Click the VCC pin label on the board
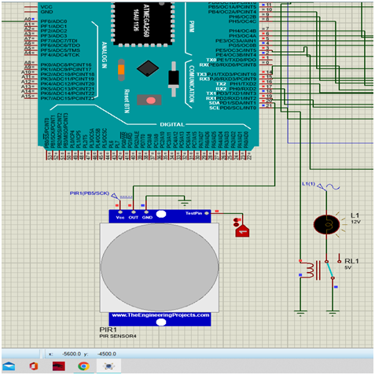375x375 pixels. (x=46, y=6)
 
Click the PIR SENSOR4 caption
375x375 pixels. (x=119, y=336)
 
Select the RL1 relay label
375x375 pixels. (x=351, y=259)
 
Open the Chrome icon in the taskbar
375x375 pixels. (x=84, y=366)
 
